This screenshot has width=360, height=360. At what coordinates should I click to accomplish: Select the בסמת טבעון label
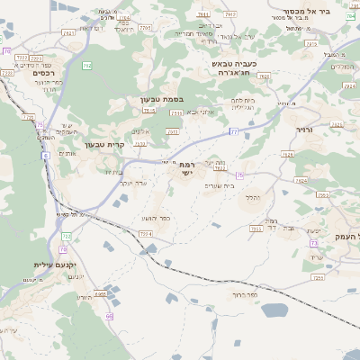(161, 99)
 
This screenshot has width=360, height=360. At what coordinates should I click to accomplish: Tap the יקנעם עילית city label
(45, 265)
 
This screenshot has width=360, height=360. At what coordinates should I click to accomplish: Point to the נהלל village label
(253, 197)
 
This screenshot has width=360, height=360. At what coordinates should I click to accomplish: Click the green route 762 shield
(86, 65)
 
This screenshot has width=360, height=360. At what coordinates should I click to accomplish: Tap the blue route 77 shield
(233, 131)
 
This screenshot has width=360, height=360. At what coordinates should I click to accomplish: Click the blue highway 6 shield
(44, 156)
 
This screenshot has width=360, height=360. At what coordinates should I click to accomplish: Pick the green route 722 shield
(67, 235)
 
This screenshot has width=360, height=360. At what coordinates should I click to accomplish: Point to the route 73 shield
(314, 243)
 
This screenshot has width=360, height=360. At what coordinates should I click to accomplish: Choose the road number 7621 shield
(68, 32)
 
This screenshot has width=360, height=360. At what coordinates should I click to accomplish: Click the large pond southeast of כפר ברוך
(274, 310)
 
